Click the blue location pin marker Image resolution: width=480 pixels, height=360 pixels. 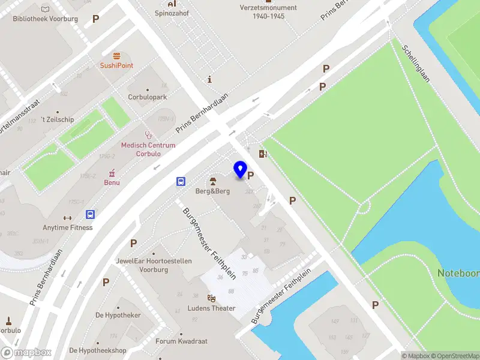click(x=241, y=170)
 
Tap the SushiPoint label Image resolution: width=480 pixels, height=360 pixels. click(x=116, y=65)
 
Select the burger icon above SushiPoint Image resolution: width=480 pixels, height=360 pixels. click(x=116, y=55)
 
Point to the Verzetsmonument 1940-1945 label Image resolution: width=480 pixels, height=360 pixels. click(x=268, y=12)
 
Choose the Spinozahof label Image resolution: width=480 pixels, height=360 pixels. click(x=172, y=13)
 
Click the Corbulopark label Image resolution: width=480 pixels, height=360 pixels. click(x=147, y=97)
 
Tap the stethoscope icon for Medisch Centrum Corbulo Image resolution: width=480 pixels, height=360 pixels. click(x=148, y=136)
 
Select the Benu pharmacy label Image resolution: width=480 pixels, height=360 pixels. click(x=111, y=182)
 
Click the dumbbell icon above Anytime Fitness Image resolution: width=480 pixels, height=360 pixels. click(x=67, y=218)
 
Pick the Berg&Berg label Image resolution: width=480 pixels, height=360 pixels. click(x=212, y=191)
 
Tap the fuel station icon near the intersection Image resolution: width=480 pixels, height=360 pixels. click(x=262, y=154)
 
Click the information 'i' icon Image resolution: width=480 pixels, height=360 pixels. click(x=209, y=79)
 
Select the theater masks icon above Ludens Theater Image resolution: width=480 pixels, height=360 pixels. click(x=211, y=298)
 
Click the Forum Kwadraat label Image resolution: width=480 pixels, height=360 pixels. click(x=181, y=341)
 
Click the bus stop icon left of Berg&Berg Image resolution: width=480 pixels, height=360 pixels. click(x=181, y=181)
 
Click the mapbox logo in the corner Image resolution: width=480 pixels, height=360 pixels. click(x=26, y=352)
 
